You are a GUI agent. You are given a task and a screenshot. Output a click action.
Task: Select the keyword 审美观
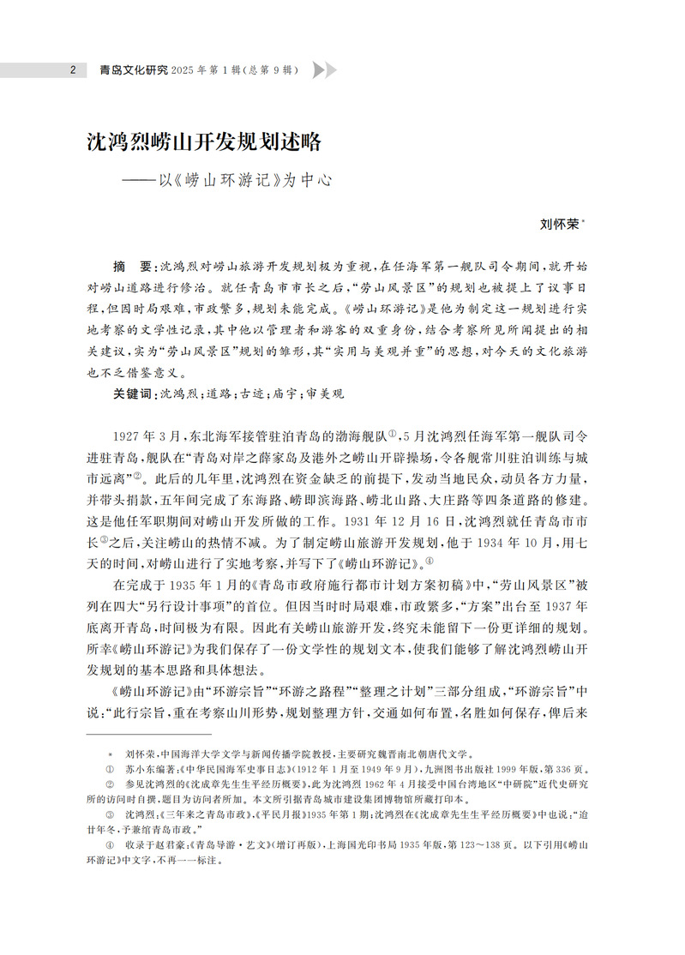click(x=326, y=393)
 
